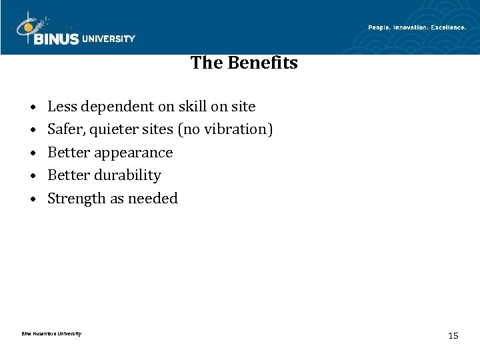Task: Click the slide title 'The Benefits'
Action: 244,63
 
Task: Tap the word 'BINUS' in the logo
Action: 55,39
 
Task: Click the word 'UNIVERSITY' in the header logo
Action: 109,39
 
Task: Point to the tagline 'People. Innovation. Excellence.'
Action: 417,27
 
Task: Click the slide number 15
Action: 453,335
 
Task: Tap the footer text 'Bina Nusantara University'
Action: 51,333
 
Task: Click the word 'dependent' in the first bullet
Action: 110,107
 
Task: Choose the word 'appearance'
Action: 133,153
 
